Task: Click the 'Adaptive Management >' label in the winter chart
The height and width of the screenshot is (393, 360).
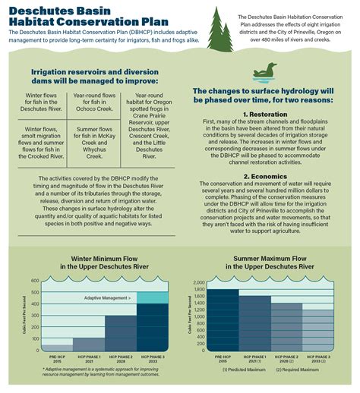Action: tap(106, 299)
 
